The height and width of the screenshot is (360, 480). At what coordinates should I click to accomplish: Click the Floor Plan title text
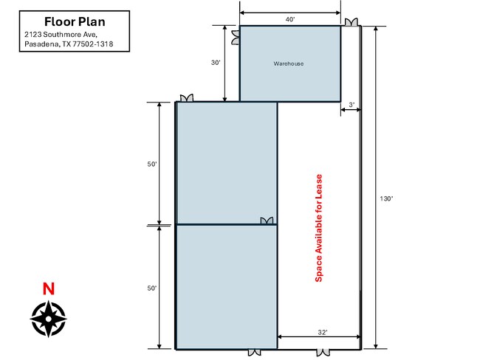click(75, 21)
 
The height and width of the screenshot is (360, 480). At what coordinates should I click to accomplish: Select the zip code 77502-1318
click(93, 44)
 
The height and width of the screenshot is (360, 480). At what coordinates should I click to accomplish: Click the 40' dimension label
click(290, 20)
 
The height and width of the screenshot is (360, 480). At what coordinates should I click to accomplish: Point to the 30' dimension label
click(216, 63)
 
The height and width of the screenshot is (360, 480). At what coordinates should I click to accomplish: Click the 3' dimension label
click(352, 105)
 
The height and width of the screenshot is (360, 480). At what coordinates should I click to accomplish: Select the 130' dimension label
click(386, 198)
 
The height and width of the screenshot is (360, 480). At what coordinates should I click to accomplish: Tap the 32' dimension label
click(323, 333)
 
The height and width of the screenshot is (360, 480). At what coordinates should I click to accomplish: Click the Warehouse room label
click(289, 63)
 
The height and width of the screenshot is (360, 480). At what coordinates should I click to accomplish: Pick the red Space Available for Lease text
click(319, 228)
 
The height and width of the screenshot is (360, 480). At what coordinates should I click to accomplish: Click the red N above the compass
click(48, 288)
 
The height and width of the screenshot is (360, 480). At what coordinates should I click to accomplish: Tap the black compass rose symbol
click(48, 319)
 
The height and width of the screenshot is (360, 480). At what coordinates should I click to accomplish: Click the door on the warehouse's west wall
click(236, 38)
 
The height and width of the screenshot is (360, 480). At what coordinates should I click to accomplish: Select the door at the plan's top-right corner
click(351, 22)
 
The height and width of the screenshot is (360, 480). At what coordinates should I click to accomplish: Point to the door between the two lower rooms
click(267, 221)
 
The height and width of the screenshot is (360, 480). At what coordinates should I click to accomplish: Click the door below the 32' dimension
click(323, 353)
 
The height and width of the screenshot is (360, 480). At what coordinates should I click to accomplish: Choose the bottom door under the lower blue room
click(254, 353)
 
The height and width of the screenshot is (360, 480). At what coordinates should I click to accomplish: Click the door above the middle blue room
click(187, 98)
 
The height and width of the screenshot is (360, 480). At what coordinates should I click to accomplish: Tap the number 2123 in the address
click(32, 34)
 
